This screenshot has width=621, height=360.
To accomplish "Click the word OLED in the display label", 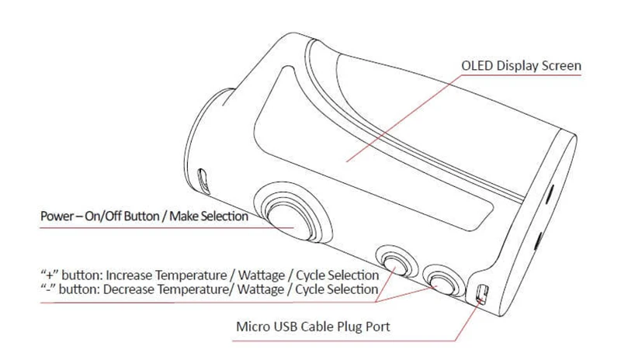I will coord(476,67).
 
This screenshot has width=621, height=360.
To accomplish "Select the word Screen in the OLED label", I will coord(561,67).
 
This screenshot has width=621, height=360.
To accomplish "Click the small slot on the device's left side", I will coord(204,182).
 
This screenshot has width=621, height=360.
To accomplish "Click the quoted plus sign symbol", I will coord(46,275).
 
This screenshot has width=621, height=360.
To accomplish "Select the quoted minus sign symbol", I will coord(45,289).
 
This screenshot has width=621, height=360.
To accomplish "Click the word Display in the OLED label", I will coord(518,67).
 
